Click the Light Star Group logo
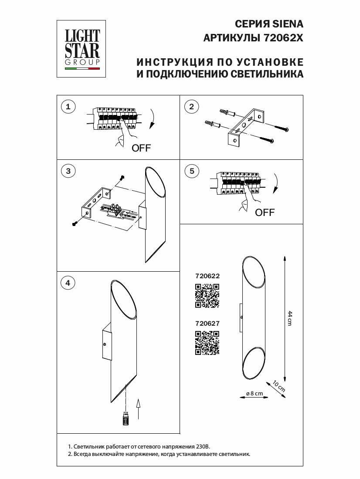tap(82, 49)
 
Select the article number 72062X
tap(283, 38)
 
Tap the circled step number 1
tap(68, 106)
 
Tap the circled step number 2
tap(192, 106)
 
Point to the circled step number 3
tap(68, 171)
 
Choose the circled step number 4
tap(68, 283)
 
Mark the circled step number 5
tap(192, 171)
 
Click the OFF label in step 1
tap(141, 148)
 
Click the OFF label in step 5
tap(265, 213)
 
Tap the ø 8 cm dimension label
tap(254, 393)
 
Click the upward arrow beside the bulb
tap(138, 410)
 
